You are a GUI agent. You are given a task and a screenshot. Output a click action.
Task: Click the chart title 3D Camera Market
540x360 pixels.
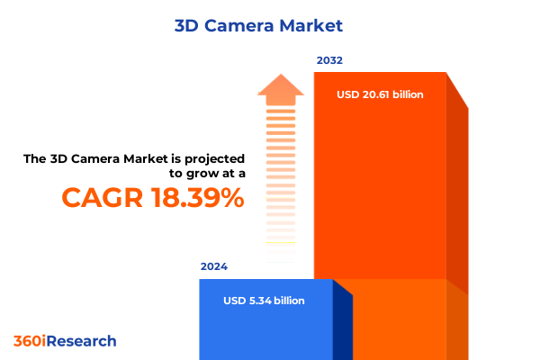point(271,25)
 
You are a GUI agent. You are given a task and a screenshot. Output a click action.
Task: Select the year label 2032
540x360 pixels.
point(329,61)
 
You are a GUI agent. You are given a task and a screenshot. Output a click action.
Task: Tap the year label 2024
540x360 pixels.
point(214,267)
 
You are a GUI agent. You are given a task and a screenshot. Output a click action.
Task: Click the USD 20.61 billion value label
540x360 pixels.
point(380,94)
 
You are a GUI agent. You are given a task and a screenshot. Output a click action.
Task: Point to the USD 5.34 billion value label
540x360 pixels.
point(264,301)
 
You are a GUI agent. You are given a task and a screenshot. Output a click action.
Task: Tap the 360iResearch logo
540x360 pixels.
point(65,341)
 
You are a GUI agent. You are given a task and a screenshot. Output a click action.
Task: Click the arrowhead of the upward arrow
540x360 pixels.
point(281,88)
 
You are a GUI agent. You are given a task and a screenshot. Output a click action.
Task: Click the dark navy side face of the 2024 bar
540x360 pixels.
point(342,324)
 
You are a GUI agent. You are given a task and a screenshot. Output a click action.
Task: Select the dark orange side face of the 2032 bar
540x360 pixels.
point(457,198)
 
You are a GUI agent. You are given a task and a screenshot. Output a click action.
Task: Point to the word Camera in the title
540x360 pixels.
point(247,25)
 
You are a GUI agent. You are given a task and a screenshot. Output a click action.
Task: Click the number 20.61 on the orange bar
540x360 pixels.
point(374,94)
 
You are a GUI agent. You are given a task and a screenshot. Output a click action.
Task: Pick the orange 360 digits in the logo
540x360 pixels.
point(27,341)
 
